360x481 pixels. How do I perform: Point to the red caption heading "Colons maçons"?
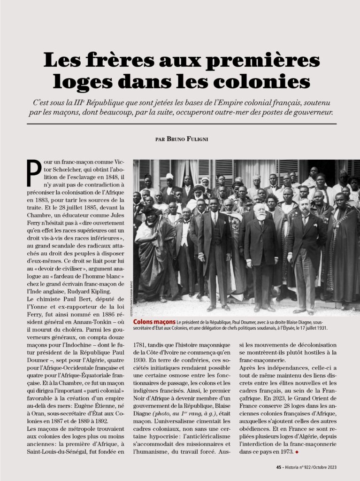click(154, 322)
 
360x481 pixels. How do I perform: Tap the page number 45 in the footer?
click(279, 467)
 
